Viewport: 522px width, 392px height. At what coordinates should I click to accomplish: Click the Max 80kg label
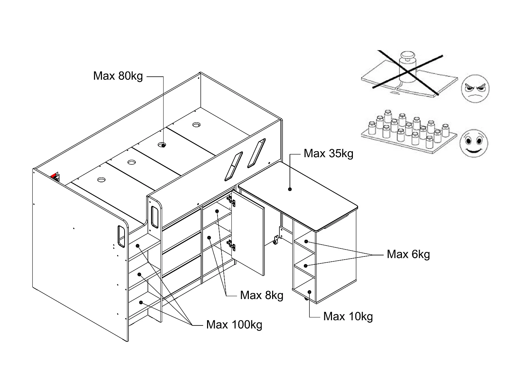(x=118, y=76)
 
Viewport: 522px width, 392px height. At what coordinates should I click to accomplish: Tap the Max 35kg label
(x=329, y=154)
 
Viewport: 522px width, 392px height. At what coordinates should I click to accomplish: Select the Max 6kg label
(x=408, y=254)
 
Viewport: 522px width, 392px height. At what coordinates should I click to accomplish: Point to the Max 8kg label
(x=262, y=295)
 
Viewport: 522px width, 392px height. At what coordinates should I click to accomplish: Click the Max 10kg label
(x=348, y=317)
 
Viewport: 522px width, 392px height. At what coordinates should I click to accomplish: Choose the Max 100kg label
(x=234, y=325)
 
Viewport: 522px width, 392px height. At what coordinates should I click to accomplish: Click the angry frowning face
(x=475, y=89)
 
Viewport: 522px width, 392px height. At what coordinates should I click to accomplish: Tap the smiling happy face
(x=474, y=143)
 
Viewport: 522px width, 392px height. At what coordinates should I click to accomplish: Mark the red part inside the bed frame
(x=54, y=175)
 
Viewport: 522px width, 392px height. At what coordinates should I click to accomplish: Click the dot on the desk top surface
(x=290, y=189)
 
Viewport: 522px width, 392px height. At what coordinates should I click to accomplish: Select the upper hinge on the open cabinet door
(x=231, y=201)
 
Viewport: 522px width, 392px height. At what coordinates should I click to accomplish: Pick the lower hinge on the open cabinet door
(x=231, y=245)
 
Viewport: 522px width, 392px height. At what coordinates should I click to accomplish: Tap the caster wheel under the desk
(x=275, y=240)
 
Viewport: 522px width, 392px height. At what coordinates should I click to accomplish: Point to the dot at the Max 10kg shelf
(x=309, y=292)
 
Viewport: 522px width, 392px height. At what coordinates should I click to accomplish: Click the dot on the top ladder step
(x=137, y=246)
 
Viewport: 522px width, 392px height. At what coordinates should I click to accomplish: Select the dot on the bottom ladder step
(x=141, y=302)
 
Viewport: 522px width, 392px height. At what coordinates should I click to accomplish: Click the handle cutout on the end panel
(x=121, y=236)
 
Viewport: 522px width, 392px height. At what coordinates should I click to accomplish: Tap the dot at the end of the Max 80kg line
(x=163, y=145)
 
